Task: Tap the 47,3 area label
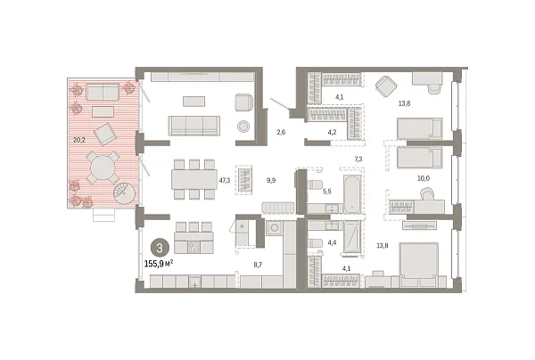pyautogui.click(x=224, y=180)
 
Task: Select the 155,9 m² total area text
pyautogui.click(x=160, y=264)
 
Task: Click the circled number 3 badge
pyautogui.click(x=159, y=249)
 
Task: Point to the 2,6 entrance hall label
pyautogui.click(x=281, y=133)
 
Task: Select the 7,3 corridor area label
pyautogui.click(x=358, y=159)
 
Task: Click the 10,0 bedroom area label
pyautogui.click(x=423, y=178)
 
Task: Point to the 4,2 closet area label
pyautogui.click(x=333, y=132)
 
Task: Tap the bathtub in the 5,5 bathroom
pyautogui.click(x=350, y=192)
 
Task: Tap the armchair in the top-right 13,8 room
pyautogui.click(x=386, y=86)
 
